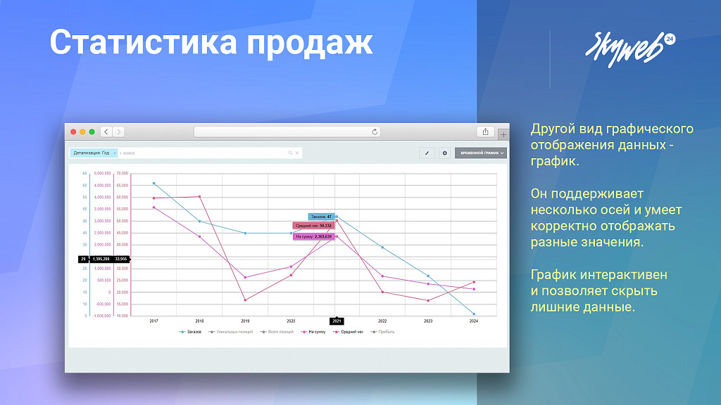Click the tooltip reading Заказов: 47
pos(320,217)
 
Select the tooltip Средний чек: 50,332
pos(313,226)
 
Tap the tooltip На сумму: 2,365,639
pos(314,237)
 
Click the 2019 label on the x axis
pos(245,321)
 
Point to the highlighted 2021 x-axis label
pos(337,321)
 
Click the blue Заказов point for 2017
pos(154,184)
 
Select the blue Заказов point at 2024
pos(474,314)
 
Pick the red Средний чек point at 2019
pos(245,300)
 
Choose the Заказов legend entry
pos(192,331)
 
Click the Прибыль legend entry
pos(384,331)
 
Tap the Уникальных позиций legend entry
pos(230,331)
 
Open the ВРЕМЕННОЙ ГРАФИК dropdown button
pos(482,153)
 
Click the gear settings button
pos(444,153)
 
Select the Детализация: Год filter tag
pos(92,153)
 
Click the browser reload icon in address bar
pos(375,131)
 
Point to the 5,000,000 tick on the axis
pos(103,173)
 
